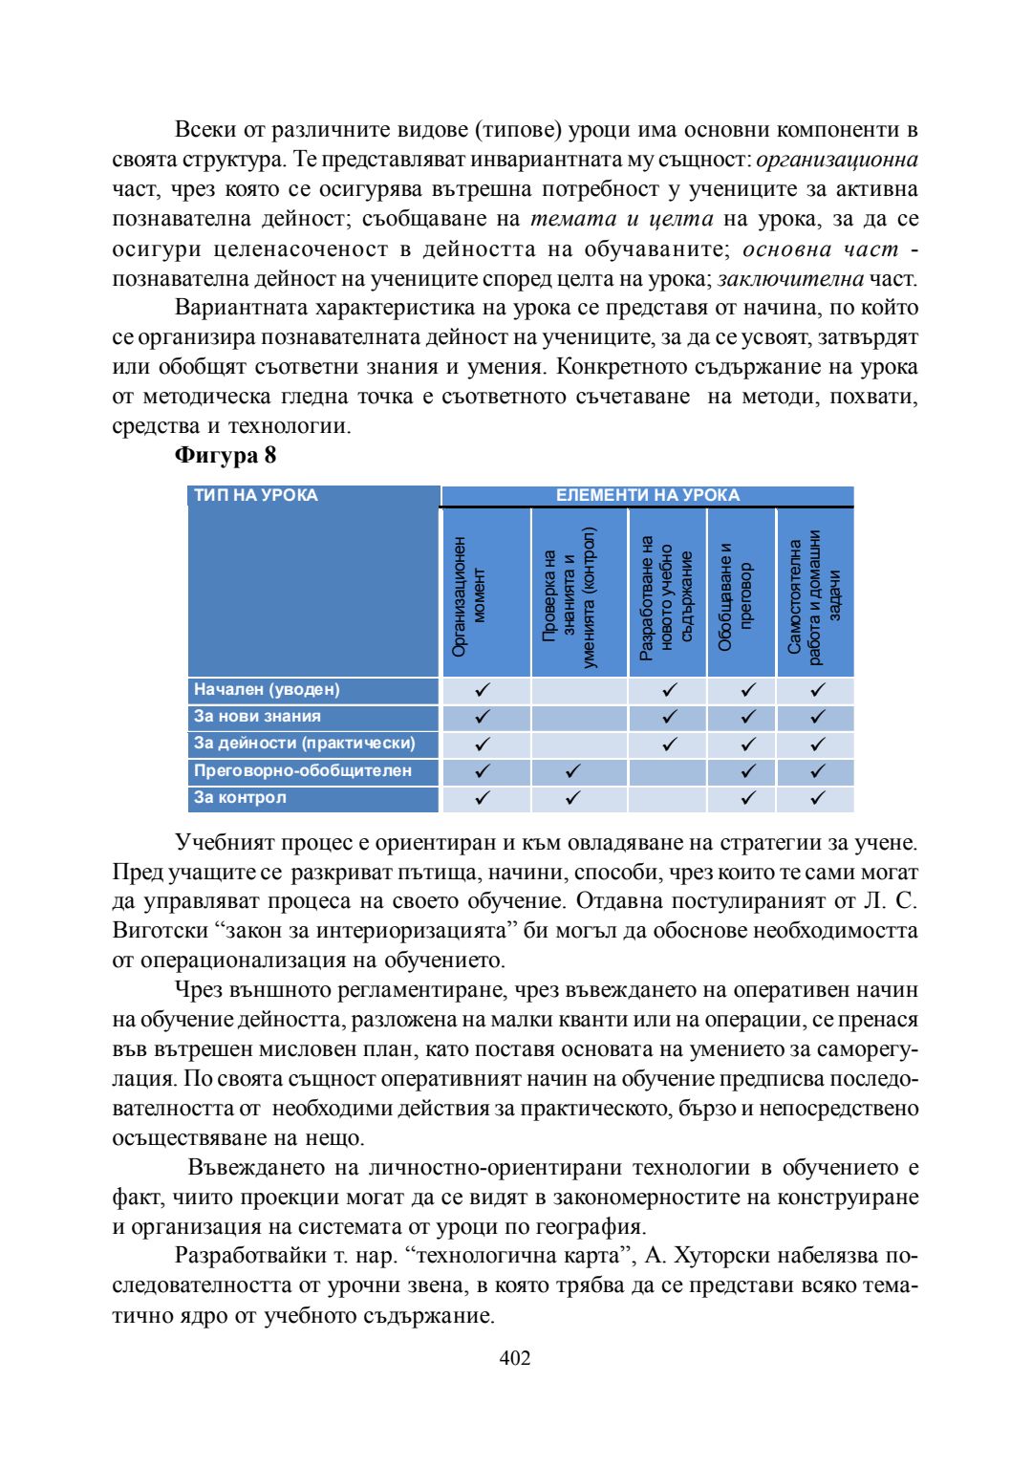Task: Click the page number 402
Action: coord(515,1358)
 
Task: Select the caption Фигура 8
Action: coord(226,455)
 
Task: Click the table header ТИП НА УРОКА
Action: coord(256,495)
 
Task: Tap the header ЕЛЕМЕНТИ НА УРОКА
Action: coord(647,495)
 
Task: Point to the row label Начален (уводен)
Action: coord(267,689)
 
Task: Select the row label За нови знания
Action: coord(257,716)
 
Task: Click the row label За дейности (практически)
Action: coord(304,743)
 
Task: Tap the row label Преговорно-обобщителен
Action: coord(302,770)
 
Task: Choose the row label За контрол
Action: coord(240,797)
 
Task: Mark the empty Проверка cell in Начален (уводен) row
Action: coord(579,690)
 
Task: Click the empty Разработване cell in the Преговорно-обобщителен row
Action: coord(667,771)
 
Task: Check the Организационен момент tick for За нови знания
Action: coord(483,717)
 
